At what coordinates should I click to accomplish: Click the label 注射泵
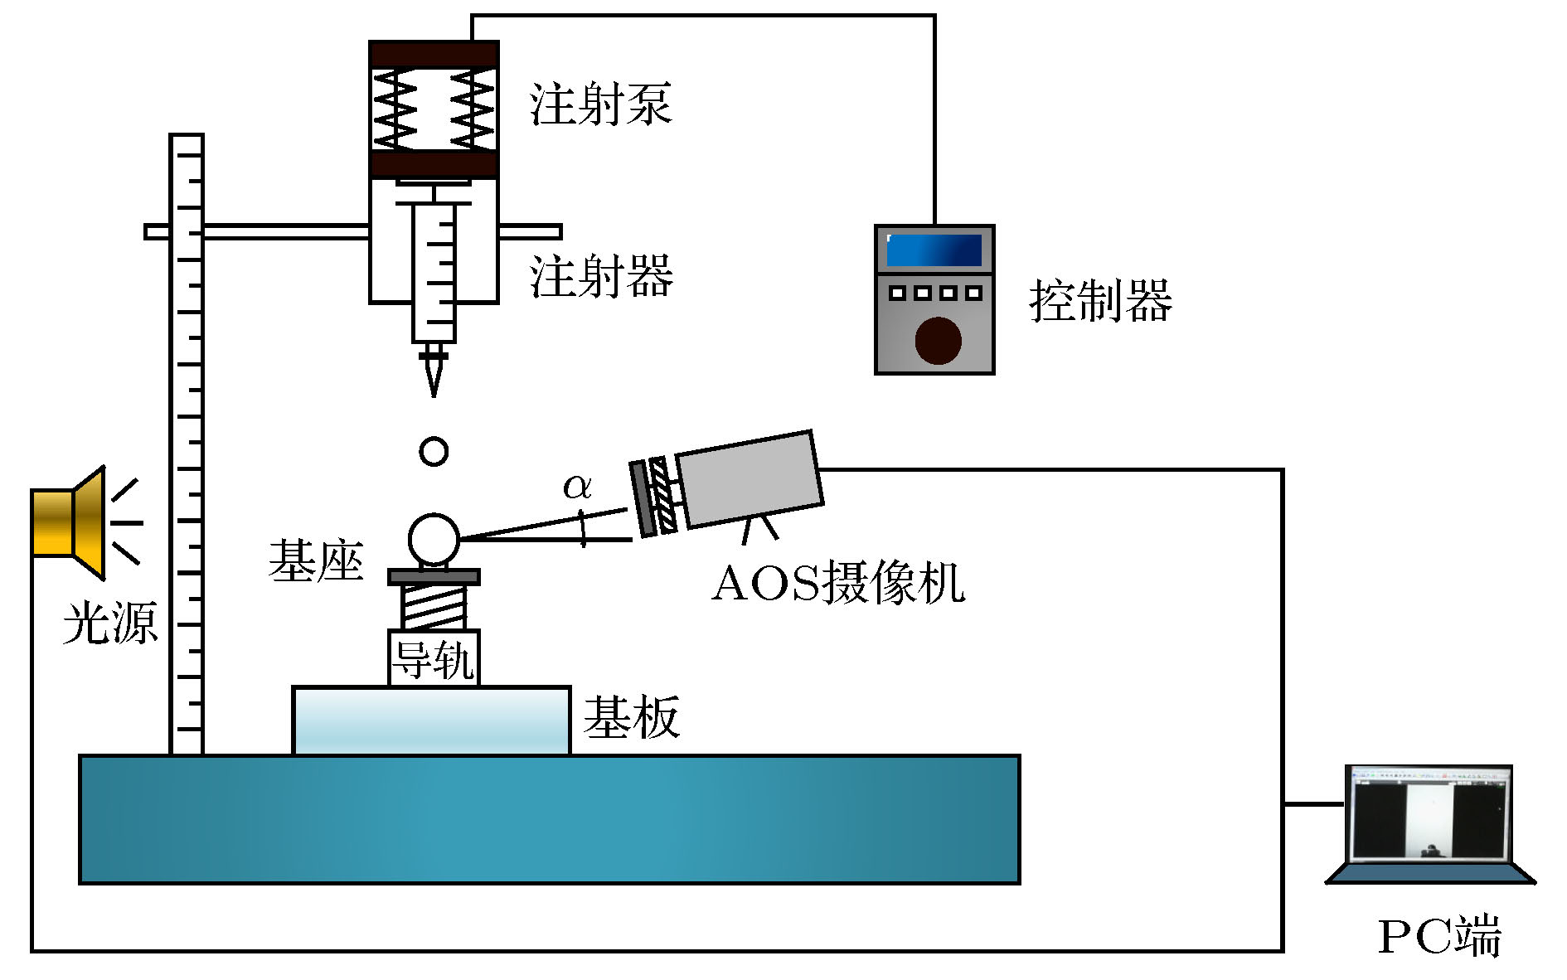click(600, 105)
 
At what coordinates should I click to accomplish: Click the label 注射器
click(601, 276)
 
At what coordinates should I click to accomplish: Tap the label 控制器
click(1100, 300)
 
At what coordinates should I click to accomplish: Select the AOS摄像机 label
click(838, 583)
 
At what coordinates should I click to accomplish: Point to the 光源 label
click(109, 623)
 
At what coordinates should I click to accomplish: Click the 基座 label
click(316, 561)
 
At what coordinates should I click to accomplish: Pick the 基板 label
click(632, 717)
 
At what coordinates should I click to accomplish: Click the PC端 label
click(1439, 936)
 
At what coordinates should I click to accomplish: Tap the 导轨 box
click(434, 659)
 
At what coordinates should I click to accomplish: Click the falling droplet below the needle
click(434, 452)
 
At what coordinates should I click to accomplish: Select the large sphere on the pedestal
click(434, 539)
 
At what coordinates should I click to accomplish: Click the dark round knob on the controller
click(938, 340)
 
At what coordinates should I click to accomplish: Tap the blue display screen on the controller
click(934, 250)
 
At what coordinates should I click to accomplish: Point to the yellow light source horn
click(70, 522)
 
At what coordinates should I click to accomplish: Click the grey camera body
click(750, 478)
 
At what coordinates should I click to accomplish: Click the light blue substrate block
click(431, 720)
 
